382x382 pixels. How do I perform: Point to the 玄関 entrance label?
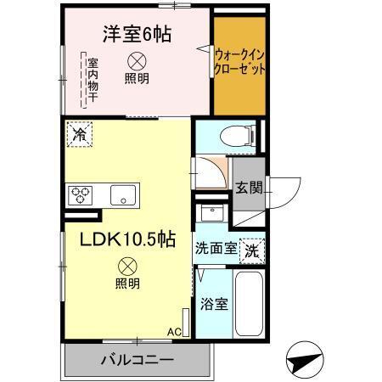[248, 188]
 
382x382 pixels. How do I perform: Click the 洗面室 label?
[215, 250]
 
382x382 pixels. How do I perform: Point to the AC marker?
[174, 332]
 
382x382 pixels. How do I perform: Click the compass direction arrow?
[306, 360]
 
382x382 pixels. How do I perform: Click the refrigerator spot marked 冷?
[79, 135]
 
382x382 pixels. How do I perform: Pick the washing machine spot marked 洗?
[252, 250]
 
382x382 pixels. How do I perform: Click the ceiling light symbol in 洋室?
[136, 61]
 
